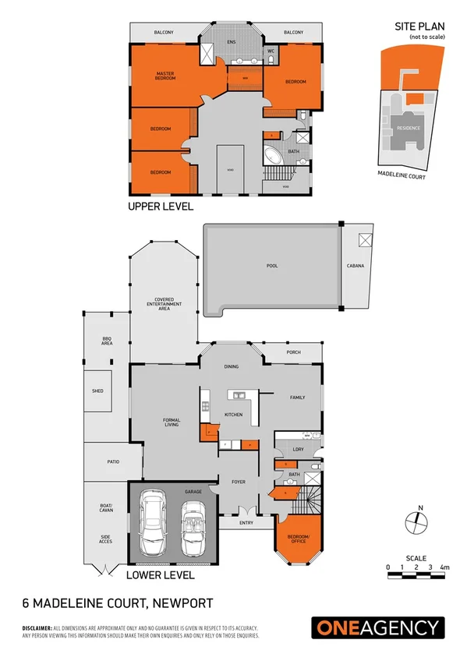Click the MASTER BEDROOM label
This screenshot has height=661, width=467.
coord(165,76)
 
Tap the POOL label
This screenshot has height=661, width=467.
coord(272,266)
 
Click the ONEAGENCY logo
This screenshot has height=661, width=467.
coord(378,627)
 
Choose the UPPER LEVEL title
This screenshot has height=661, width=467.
coord(161,207)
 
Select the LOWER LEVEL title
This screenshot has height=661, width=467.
coord(160,575)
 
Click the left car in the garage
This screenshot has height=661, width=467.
coord(154,528)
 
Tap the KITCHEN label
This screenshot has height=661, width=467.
coord(234,414)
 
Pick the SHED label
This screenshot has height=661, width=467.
coord(97,391)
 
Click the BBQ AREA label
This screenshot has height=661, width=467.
coord(107,340)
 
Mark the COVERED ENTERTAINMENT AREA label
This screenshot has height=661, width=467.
coord(164,303)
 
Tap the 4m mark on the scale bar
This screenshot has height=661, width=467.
coord(444,567)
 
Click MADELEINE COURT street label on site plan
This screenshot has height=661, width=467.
coord(401,177)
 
